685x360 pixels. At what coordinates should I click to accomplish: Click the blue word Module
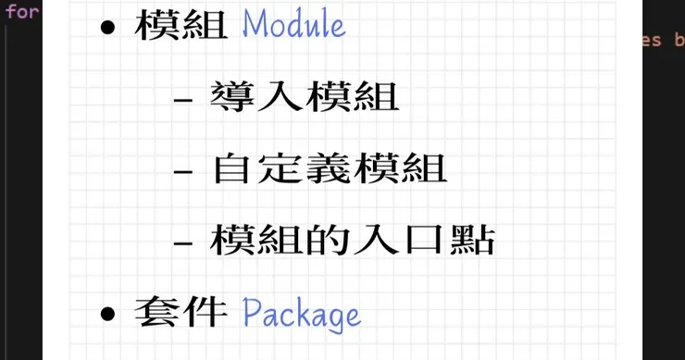tap(294, 23)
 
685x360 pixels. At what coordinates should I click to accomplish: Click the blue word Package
tap(302, 314)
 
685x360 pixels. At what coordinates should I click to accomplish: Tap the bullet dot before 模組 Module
tap(107, 28)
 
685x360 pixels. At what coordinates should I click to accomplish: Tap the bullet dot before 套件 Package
tap(107, 313)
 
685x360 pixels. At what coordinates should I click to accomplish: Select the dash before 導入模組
tap(183, 100)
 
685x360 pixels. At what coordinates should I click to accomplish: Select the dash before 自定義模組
tap(183, 171)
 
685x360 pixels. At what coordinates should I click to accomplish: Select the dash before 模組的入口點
tap(183, 242)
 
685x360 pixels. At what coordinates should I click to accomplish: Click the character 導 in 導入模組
tap(232, 97)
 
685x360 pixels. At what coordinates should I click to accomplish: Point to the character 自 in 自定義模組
tap(232, 168)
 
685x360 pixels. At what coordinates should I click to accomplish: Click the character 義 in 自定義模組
tap(328, 168)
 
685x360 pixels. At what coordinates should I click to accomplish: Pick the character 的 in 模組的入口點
tap(328, 240)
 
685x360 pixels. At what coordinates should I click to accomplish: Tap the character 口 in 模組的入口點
tap(424, 241)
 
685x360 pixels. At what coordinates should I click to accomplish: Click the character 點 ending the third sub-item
tap(472, 240)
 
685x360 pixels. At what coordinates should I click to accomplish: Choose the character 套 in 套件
tap(156, 312)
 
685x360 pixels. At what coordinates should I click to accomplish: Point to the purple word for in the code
tap(22, 11)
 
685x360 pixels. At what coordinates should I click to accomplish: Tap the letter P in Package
tap(252, 312)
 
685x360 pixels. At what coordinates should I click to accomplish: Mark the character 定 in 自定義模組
tap(280, 168)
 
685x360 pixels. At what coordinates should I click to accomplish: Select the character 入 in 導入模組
tap(280, 97)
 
